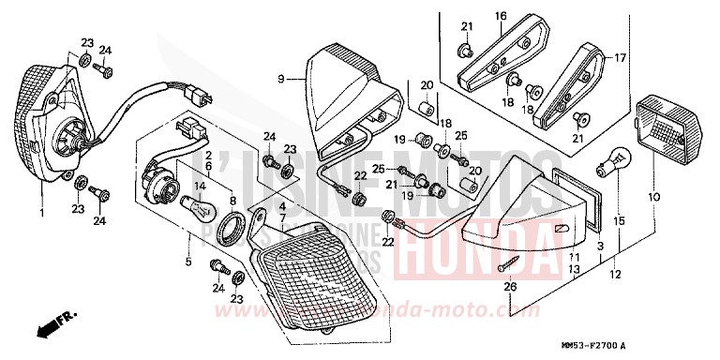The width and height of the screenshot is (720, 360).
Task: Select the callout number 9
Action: pos(279,81)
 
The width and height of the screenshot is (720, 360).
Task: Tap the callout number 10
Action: pos(652,198)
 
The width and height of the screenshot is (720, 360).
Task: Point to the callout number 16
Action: pos(501,16)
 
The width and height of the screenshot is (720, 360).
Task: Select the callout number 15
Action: pos(617,220)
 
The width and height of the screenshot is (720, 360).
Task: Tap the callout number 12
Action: pos(614,276)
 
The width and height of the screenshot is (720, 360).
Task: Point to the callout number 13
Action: pos(574,269)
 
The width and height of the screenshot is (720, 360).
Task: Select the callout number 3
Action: pos(600,245)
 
